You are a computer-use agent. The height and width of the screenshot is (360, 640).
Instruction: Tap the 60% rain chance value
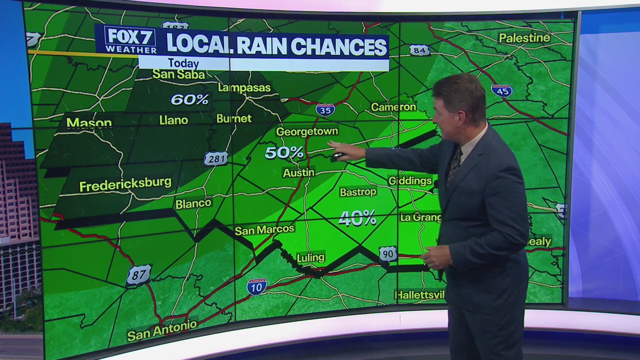[x=189, y=99]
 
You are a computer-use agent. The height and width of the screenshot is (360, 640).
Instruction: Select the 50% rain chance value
[x=284, y=152]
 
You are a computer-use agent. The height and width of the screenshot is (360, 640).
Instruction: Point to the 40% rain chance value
[x=357, y=218]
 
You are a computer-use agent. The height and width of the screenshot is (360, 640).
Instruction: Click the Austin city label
[x=298, y=172]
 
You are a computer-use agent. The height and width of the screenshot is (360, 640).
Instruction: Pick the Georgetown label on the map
[x=307, y=131]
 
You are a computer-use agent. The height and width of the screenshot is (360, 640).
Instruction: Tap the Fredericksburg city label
[x=125, y=184]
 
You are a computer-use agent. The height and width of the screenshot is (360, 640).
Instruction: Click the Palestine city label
[x=524, y=38]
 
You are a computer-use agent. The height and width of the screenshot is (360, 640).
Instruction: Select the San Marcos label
[x=264, y=229]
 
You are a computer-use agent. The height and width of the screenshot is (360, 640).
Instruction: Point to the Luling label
[x=310, y=257]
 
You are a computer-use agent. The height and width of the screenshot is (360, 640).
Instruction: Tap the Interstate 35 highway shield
[x=325, y=109]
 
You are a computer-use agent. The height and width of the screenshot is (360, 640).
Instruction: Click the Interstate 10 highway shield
[x=256, y=286]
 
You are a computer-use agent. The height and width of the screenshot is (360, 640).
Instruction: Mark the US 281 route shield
[x=216, y=158]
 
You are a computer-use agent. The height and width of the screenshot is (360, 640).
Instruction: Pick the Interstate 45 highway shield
[x=501, y=90]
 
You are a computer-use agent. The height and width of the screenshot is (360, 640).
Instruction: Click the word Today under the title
[x=183, y=63]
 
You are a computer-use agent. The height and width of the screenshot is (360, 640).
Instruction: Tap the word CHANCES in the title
[x=339, y=46]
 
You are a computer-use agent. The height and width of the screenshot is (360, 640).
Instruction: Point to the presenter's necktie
[x=454, y=165]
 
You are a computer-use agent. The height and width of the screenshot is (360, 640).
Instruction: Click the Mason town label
[x=89, y=122]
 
